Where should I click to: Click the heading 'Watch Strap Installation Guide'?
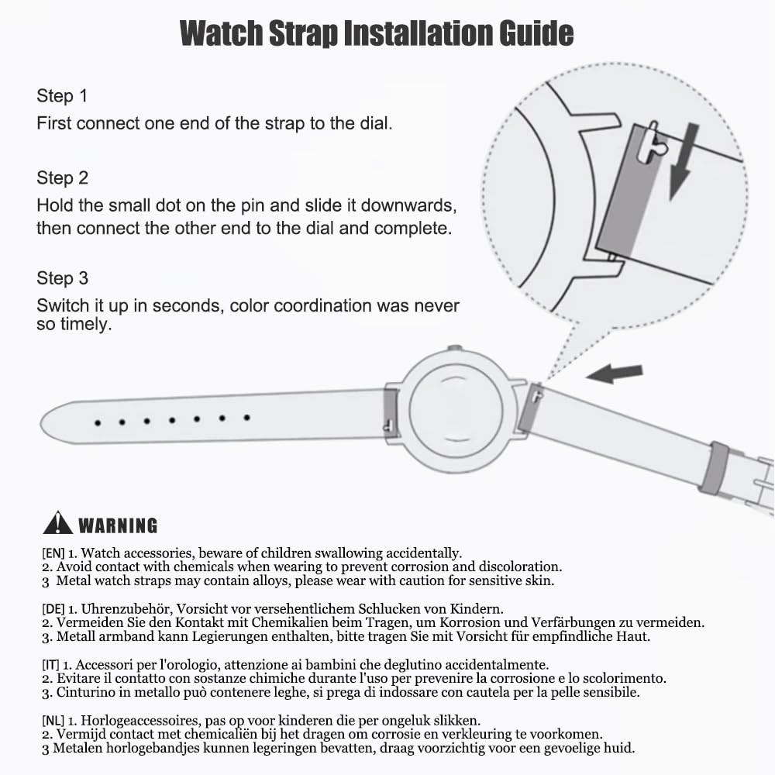coord(377,33)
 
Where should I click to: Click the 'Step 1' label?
coord(62,96)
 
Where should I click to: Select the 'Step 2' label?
coord(62,178)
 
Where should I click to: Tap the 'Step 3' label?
coord(62,278)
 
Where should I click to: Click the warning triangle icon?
coord(58,523)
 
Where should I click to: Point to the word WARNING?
coord(118,525)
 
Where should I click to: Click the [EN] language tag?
coord(53,553)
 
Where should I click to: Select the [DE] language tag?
coord(53,609)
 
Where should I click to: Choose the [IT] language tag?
coord(50,665)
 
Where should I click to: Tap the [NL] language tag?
coord(53,721)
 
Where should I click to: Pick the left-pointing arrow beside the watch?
coord(615,374)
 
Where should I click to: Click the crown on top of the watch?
coord(455,349)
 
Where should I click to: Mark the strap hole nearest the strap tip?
coord(98,423)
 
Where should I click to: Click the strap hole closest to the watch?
coord(246,418)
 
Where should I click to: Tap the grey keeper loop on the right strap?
coord(713,467)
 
